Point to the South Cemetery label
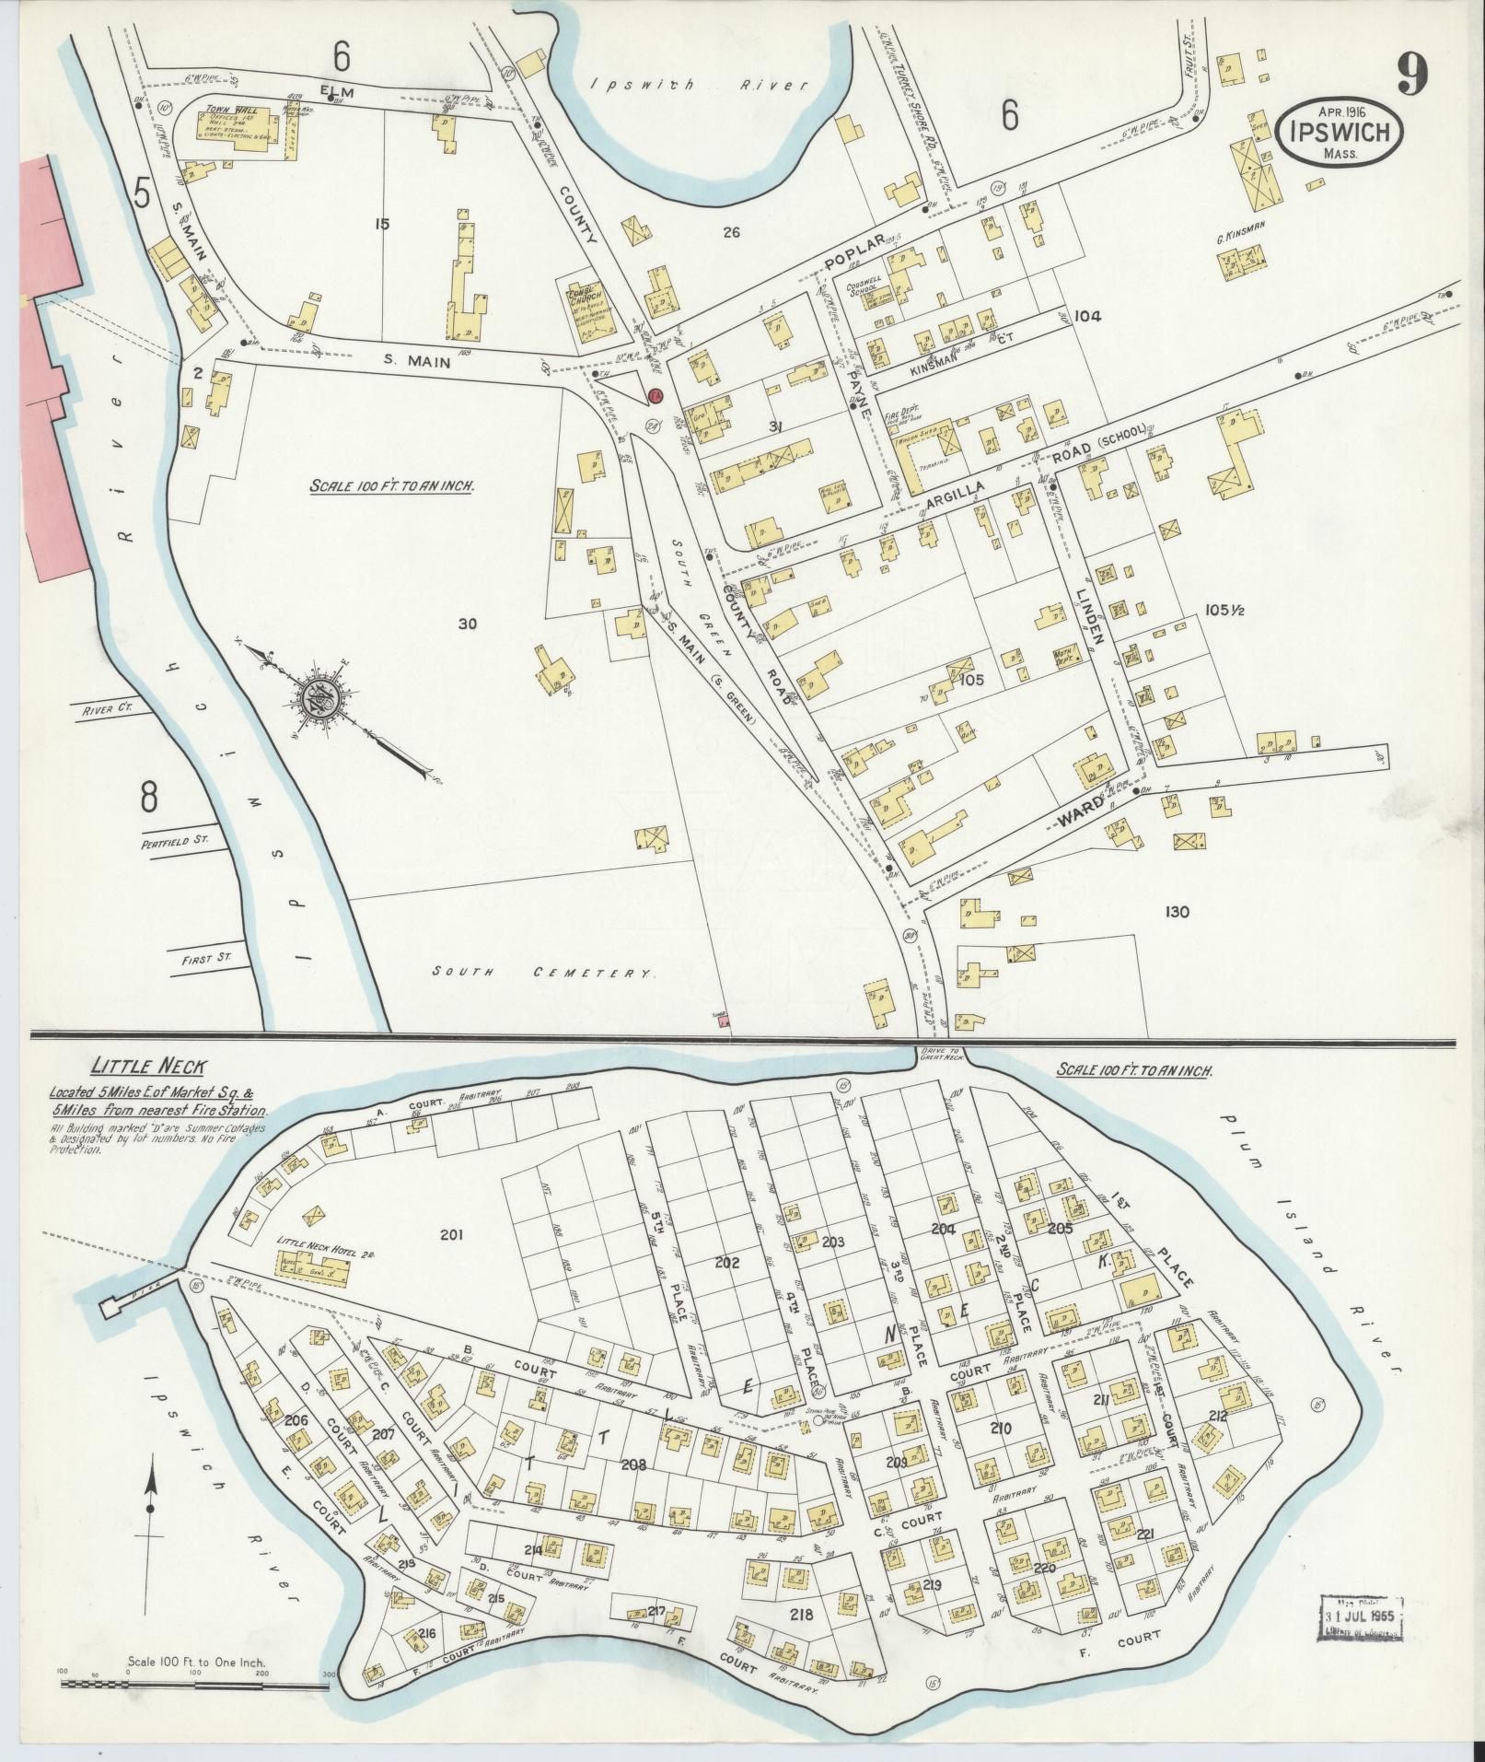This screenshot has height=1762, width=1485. point(543,973)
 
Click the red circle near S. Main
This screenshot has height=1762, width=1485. point(655,395)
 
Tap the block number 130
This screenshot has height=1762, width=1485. point(1176,912)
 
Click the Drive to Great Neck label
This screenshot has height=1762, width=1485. point(940,1056)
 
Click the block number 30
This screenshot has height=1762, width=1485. point(468,624)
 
